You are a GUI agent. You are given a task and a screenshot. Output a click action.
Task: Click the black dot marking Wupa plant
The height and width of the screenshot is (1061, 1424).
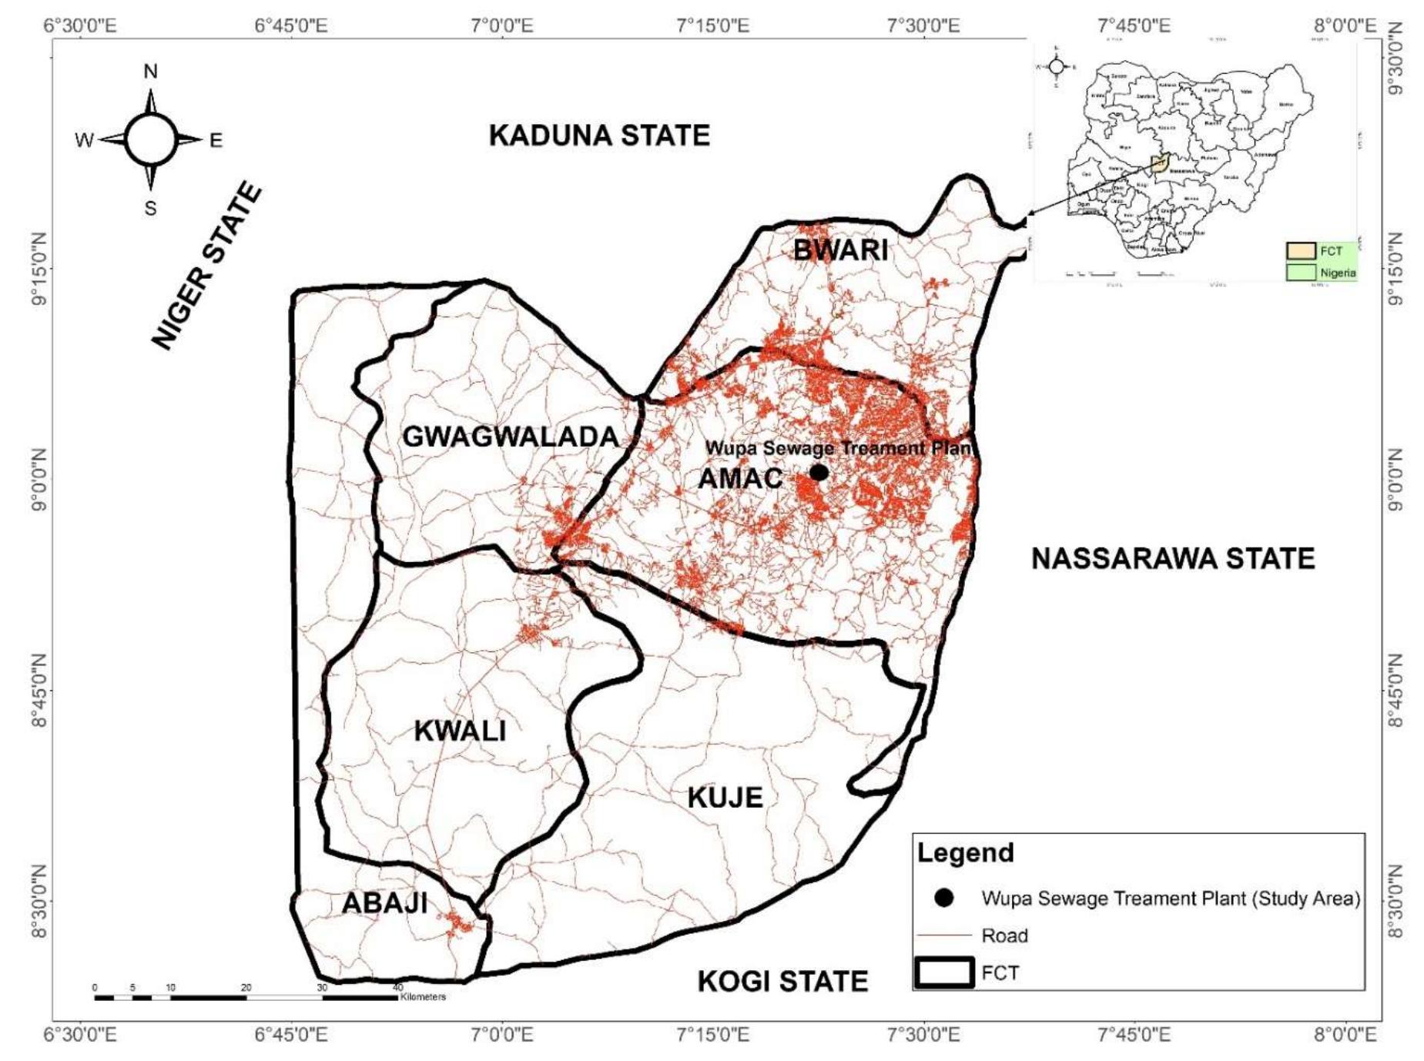[819, 472]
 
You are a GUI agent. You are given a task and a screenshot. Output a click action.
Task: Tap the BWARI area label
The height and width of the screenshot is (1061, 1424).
[840, 250]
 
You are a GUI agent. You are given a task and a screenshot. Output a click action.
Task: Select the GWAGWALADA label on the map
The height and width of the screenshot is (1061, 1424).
[511, 437]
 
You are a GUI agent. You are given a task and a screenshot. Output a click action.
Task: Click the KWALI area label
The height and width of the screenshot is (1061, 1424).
[460, 731]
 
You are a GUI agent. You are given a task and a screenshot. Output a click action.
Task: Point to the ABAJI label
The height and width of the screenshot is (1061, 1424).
[384, 903]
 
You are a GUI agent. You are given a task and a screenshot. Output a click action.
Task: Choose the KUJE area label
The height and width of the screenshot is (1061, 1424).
[725, 798]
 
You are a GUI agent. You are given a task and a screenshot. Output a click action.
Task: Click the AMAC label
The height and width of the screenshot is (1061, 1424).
[740, 479]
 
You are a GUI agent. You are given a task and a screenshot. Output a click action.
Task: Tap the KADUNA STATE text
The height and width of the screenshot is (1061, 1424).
[599, 136]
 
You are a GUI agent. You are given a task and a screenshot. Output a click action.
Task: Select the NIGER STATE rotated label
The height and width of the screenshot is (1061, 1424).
[206, 266]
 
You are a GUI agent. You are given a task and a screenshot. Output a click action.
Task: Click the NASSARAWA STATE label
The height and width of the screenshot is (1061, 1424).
[1173, 558]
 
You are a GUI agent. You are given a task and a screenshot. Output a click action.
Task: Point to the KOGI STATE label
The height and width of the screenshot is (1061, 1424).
[782, 982]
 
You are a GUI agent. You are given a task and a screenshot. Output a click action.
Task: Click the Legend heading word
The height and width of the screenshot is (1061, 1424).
[965, 853]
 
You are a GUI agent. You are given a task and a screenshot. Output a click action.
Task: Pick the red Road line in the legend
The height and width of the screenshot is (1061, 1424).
[944, 935]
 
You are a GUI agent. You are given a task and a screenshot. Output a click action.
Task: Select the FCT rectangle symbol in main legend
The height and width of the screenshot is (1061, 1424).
[944, 972]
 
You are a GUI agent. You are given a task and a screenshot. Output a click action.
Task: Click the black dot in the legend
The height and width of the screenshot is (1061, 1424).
[943, 898]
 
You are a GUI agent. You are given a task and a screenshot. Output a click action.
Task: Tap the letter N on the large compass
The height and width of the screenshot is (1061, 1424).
[150, 72]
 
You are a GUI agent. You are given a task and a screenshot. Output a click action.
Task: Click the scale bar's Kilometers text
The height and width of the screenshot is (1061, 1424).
[423, 996]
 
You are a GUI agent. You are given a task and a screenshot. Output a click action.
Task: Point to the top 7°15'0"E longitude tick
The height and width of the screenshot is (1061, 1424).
[713, 25]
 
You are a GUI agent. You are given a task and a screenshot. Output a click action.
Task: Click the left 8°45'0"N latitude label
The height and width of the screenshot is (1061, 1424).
[39, 691]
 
